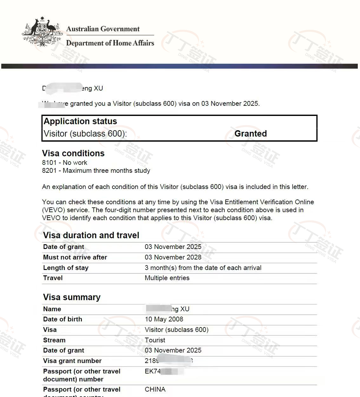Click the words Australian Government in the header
click(x=103, y=29)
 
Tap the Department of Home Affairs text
click(x=110, y=43)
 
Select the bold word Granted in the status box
click(x=250, y=134)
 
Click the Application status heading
click(x=80, y=121)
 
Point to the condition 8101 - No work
click(x=64, y=163)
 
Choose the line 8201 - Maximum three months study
click(x=96, y=171)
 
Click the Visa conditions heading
click(x=73, y=153)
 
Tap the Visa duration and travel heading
click(x=91, y=235)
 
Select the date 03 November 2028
click(x=173, y=257)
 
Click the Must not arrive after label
click(x=75, y=257)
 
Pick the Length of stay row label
click(x=66, y=268)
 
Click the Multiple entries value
click(x=167, y=278)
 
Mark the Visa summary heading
click(x=72, y=297)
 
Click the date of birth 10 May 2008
click(x=164, y=319)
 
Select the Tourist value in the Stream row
click(x=155, y=340)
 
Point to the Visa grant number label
click(x=72, y=361)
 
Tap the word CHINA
click(x=155, y=389)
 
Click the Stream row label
click(x=54, y=340)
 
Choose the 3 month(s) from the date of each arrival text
click(x=203, y=268)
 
